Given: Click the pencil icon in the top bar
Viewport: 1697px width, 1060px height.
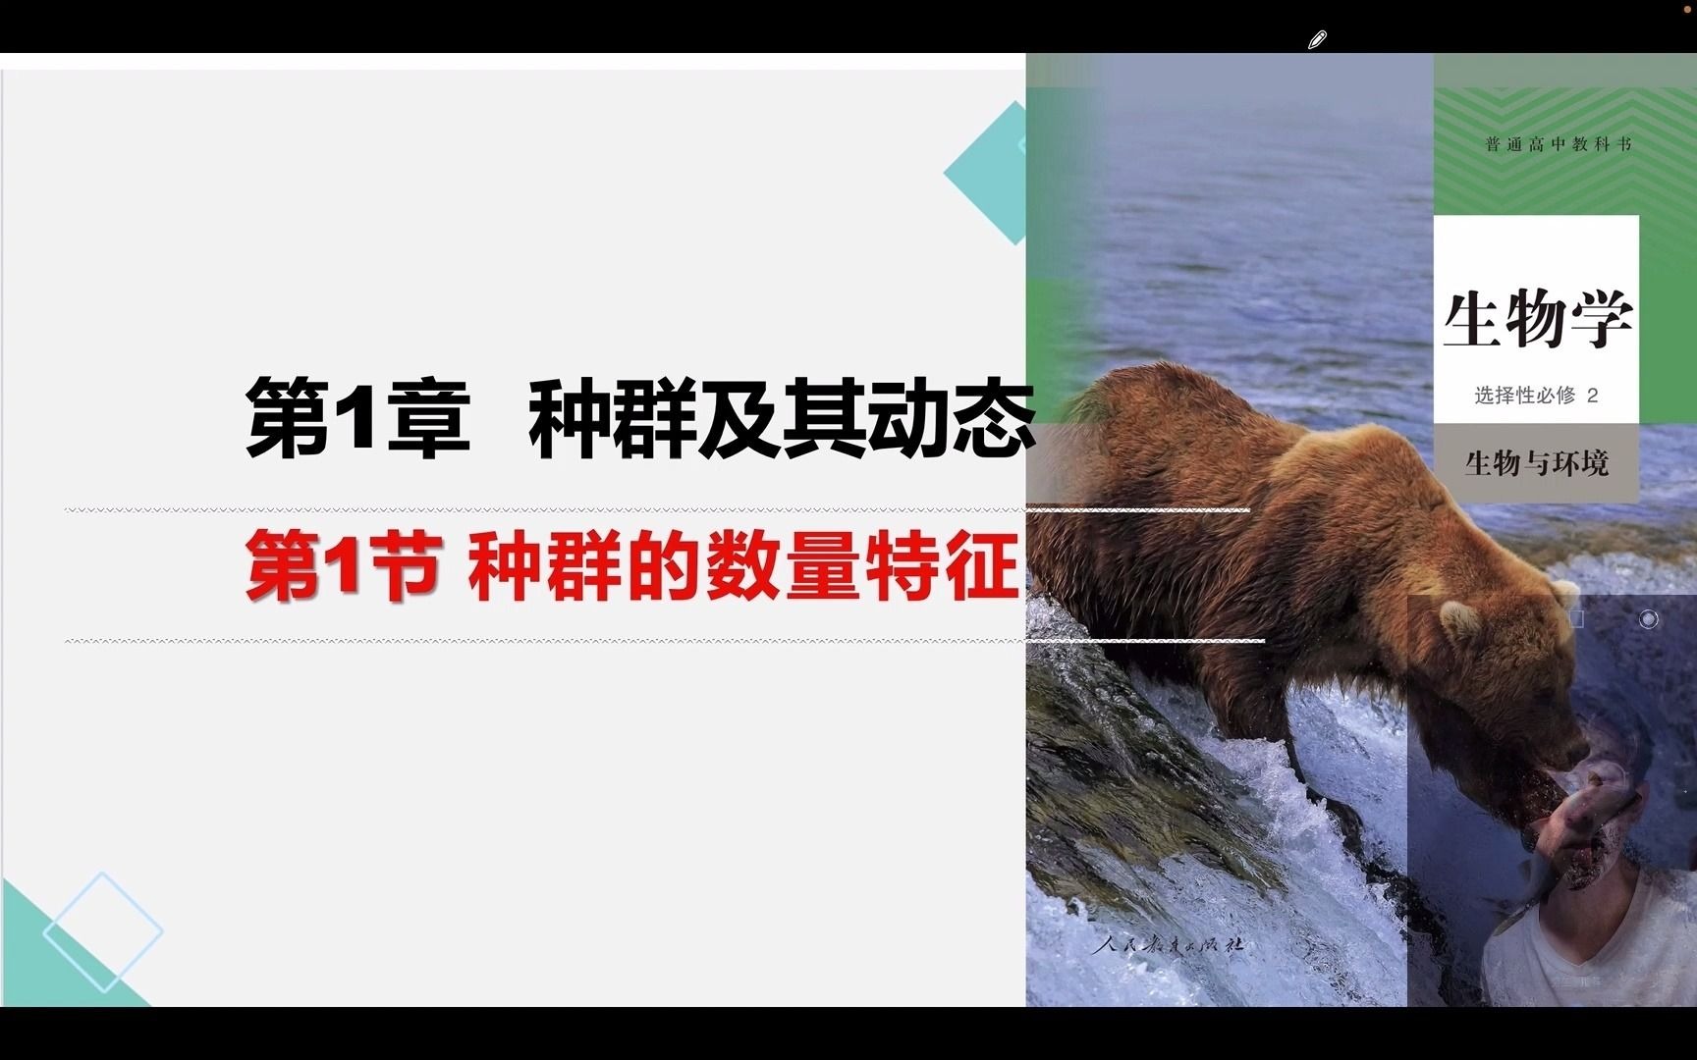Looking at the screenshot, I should [x=1317, y=39].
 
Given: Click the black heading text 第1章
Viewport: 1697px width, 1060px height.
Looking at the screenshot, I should [x=358, y=418].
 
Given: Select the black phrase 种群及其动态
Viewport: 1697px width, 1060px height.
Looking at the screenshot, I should [x=782, y=418].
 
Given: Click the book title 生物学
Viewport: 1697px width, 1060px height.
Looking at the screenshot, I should [x=1537, y=319].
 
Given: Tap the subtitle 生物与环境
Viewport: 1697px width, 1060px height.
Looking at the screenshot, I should [x=1537, y=462].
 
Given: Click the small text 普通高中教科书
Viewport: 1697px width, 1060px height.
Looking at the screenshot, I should [x=1559, y=144].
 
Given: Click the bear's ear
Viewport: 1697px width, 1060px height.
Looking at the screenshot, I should [x=1460, y=618].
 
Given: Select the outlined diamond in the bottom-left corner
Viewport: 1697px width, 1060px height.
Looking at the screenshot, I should [x=103, y=930].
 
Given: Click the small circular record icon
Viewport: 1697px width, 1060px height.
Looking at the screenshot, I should [x=1649, y=619].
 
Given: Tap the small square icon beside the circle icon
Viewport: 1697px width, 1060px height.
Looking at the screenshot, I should [x=1576, y=619].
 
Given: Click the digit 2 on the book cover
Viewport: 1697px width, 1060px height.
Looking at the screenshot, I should [x=1593, y=396].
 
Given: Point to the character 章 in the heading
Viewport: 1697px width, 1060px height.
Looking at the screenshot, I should [x=430, y=418].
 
